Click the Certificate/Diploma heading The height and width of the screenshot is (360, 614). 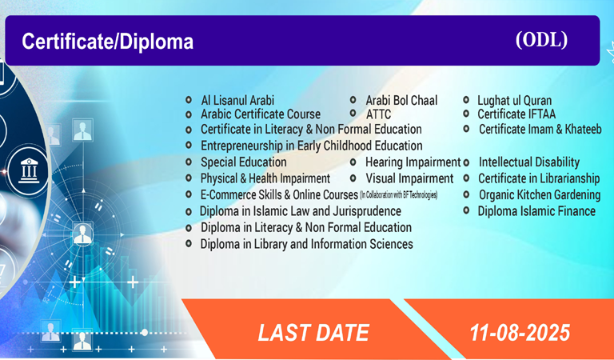(x=108, y=42)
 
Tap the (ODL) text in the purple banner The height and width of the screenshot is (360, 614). (x=541, y=39)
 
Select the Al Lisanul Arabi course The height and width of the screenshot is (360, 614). (x=237, y=100)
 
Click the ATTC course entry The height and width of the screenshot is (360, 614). (x=378, y=114)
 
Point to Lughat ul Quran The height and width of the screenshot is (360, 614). (x=514, y=101)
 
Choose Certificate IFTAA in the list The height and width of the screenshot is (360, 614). (x=516, y=114)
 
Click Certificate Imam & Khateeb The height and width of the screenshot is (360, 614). (x=540, y=129)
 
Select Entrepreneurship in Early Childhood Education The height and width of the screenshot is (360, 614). (x=311, y=146)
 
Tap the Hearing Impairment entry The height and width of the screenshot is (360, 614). (x=413, y=162)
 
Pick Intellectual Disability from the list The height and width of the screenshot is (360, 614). (x=529, y=162)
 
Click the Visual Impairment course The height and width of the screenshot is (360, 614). (x=409, y=178)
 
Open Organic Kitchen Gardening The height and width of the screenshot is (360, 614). (x=540, y=194)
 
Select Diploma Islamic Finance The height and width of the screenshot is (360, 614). (x=536, y=211)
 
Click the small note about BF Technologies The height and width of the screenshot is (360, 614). (x=398, y=194)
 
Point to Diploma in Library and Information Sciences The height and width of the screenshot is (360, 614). (x=307, y=244)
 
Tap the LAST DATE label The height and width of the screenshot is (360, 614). (x=313, y=333)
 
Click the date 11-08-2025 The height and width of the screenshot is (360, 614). (x=520, y=333)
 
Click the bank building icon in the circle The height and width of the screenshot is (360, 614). (x=29, y=170)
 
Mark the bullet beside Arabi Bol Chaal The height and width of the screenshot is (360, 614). (x=353, y=100)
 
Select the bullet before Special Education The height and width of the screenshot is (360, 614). (x=189, y=162)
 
